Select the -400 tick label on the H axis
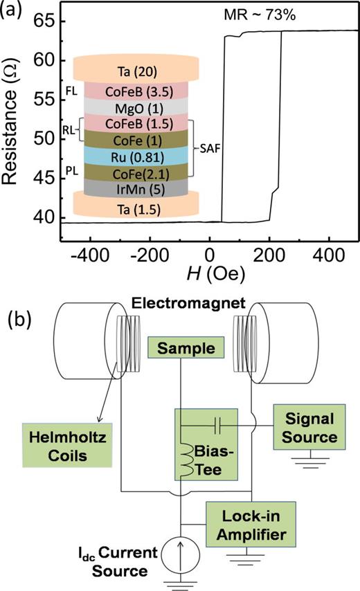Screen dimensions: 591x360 [x=84, y=255]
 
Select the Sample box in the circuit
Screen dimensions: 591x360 [x=181, y=347]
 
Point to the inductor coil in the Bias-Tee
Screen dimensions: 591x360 [x=186, y=452]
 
